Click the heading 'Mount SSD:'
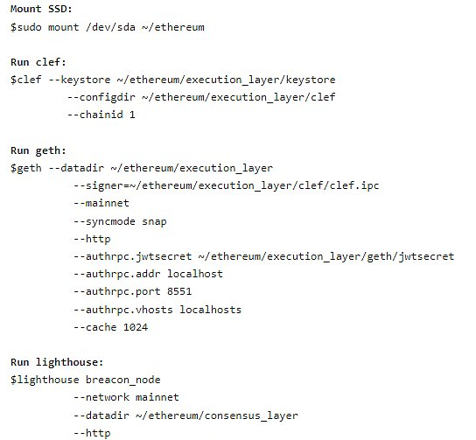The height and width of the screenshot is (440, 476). point(41,9)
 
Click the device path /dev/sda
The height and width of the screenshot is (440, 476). point(111,27)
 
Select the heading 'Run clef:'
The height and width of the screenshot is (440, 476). point(38,62)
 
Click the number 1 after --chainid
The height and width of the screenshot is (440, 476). point(132,115)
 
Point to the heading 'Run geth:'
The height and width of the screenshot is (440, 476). point(38,150)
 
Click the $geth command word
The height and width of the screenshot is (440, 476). point(25,168)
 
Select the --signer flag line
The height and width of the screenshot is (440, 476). point(227,185)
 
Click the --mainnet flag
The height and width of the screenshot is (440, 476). point(101,203)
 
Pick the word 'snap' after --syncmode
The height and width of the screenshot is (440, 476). point(154,221)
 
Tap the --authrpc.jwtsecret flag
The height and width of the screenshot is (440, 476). point(133,256)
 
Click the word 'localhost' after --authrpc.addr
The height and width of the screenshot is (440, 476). point(195,274)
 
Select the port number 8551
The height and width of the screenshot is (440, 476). point(179,291)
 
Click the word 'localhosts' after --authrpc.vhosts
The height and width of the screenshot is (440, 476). point(210,310)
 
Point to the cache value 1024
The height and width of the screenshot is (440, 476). point(136,327)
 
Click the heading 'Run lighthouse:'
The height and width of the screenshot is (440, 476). point(57,362)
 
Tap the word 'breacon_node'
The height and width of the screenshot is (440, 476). point(123,380)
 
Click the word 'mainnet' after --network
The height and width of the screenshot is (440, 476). point(157,397)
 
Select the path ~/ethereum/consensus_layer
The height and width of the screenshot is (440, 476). point(217,416)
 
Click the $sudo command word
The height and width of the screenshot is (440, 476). point(25,27)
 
